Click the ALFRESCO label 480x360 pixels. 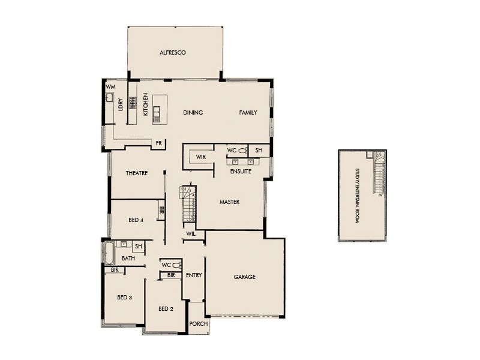(173, 53)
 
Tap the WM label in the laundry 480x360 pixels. (110, 87)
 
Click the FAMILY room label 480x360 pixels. (248, 112)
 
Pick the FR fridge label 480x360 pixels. (159, 143)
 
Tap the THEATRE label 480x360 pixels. (137, 173)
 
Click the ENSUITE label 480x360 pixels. (241, 172)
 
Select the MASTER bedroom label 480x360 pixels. (229, 202)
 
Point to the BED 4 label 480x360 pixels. (136, 220)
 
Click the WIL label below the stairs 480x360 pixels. (191, 233)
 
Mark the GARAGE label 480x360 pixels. (244, 277)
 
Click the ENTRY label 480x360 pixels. (194, 275)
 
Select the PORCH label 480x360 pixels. (198, 323)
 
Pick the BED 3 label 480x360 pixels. (124, 298)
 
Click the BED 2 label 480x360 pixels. (166, 309)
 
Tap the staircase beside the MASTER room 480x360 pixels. (188, 204)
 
